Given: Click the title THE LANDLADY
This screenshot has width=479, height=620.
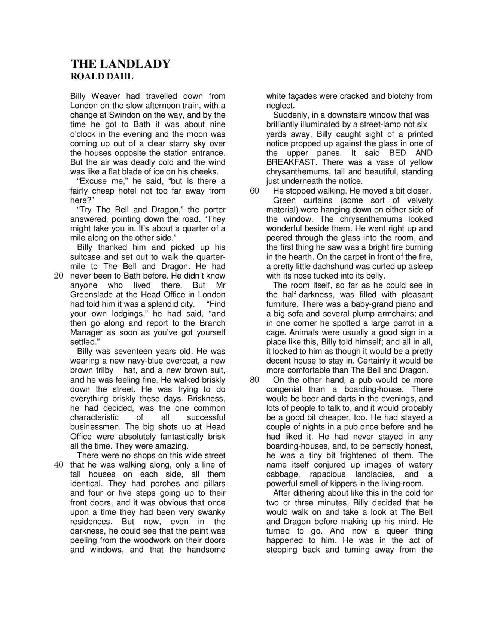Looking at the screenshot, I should (120, 64).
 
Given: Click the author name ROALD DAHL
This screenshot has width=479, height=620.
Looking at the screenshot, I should (102, 77).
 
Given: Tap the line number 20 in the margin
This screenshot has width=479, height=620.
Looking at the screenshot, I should (59, 276).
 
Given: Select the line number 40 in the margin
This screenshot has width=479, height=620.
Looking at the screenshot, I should (59, 465).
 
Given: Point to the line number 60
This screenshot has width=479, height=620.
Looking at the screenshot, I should (254, 191).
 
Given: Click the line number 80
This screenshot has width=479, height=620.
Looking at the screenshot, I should (254, 380).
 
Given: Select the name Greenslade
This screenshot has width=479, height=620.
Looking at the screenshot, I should (88, 295).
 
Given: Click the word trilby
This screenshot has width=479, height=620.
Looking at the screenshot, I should (104, 371).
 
